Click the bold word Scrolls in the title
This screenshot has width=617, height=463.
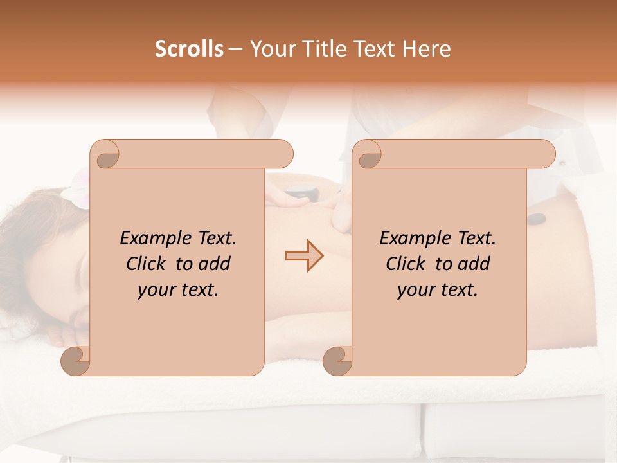coord(189,49)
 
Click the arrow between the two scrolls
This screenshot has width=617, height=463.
coord(304,256)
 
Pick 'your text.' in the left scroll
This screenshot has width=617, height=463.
coord(178,289)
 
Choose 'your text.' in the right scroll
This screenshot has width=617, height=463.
coord(438,289)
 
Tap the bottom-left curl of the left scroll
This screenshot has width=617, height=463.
coord(76,361)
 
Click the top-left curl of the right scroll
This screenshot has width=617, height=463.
coord(368,155)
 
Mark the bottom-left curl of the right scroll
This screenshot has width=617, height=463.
coord(337,361)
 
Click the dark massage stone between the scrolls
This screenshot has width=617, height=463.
coord(297,191)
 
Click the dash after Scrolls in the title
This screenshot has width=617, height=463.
coord(235,50)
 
